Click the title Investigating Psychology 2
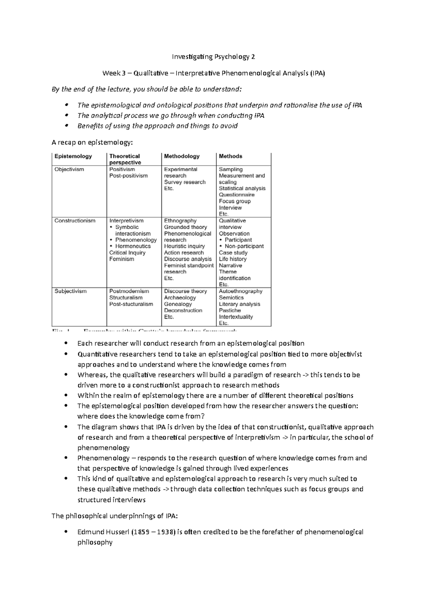click(213, 57)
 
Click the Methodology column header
click(181, 156)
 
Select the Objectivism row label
click(69, 169)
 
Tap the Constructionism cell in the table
click(75, 221)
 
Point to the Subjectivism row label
click(70, 291)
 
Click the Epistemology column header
click(73, 156)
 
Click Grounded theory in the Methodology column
click(185, 227)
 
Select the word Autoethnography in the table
click(241, 291)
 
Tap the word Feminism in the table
click(122, 259)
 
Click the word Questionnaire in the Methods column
click(237, 195)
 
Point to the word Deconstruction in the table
click(183, 310)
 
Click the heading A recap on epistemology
click(92, 143)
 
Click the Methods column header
click(230, 156)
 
